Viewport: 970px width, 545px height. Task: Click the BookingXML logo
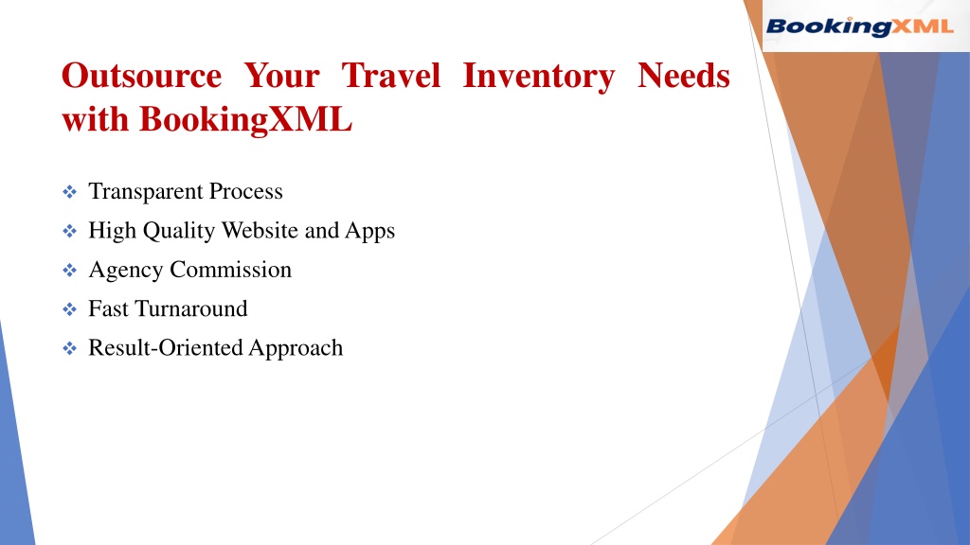tap(859, 26)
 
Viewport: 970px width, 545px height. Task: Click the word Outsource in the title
tap(142, 76)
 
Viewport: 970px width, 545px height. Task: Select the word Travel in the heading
tap(391, 76)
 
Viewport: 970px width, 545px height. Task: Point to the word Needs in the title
tap(684, 76)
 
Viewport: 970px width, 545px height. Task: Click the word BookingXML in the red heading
tap(245, 120)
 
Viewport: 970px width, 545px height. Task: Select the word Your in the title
tap(281, 76)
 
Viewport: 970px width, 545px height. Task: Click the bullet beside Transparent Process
tap(69, 191)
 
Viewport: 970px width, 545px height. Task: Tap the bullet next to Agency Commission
tap(69, 270)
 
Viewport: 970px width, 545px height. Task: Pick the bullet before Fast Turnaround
tap(69, 309)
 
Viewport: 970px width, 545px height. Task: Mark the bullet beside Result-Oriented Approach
tap(69, 348)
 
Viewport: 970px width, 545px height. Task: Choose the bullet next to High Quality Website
tap(69, 231)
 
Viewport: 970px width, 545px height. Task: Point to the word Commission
tap(230, 270)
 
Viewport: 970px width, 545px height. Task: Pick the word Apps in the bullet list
tap(370, 232)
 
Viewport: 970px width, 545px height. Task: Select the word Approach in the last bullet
tap(296, 349)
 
